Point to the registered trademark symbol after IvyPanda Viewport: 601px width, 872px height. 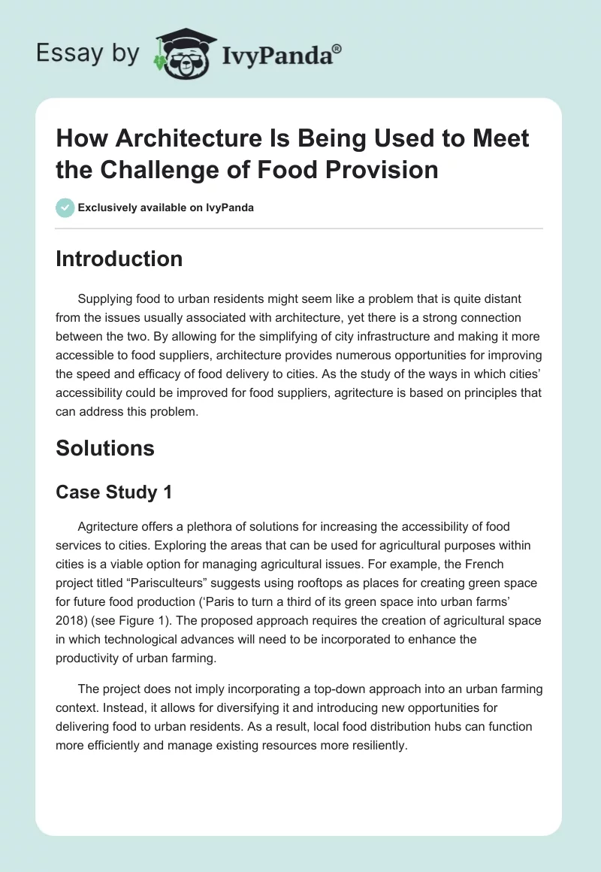pos(337,47)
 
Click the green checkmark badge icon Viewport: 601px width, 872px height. pos(65,207)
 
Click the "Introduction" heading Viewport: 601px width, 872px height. pos(119,259)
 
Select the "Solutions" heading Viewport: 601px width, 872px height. pos(104,448)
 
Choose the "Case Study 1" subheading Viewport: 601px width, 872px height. pos(114,492)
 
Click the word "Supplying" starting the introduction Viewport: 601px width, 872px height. pos(107,299)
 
